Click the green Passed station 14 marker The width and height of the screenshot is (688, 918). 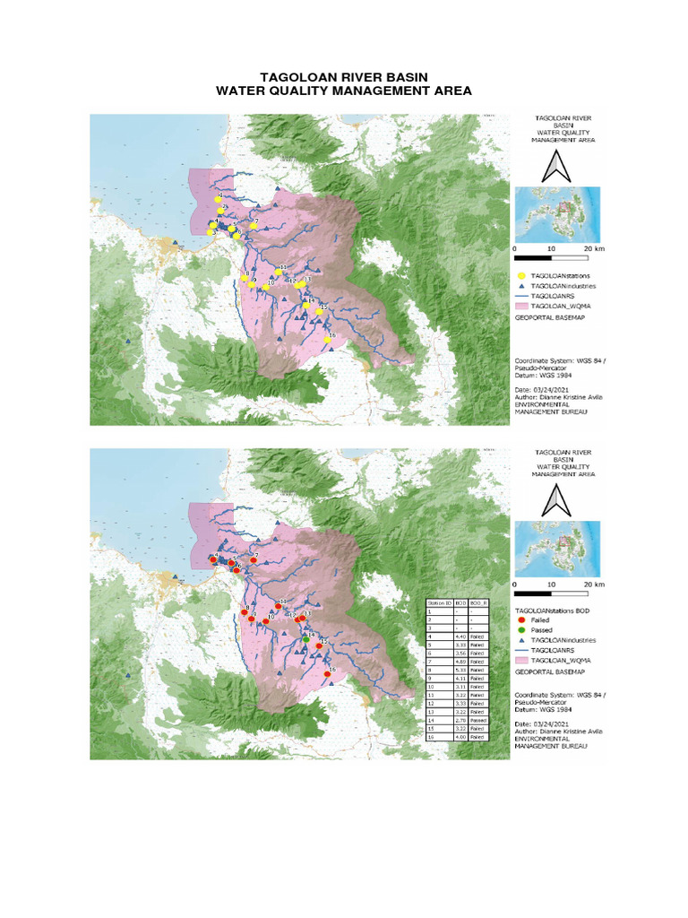[x=306, y=639]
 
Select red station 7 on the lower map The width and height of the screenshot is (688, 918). [x=254, y=561]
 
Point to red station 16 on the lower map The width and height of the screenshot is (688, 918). [x=328, y=674]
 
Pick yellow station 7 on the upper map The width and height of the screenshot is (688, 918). [x=254, y=226]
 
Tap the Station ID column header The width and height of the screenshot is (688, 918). [x=439, y=603]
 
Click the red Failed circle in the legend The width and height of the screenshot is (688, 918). [x=523, y=619]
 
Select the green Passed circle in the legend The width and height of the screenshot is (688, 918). [x=523, y=629]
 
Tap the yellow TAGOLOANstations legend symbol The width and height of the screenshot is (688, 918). [x=521, y=275]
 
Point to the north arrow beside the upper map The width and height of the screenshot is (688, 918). [x=555, y=168]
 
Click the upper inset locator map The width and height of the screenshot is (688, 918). [x=556, y=212]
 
